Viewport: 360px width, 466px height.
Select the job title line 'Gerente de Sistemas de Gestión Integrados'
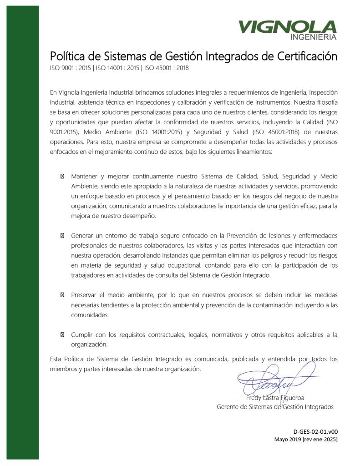[275, 407]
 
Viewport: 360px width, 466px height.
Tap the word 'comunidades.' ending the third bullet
[90, 315]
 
